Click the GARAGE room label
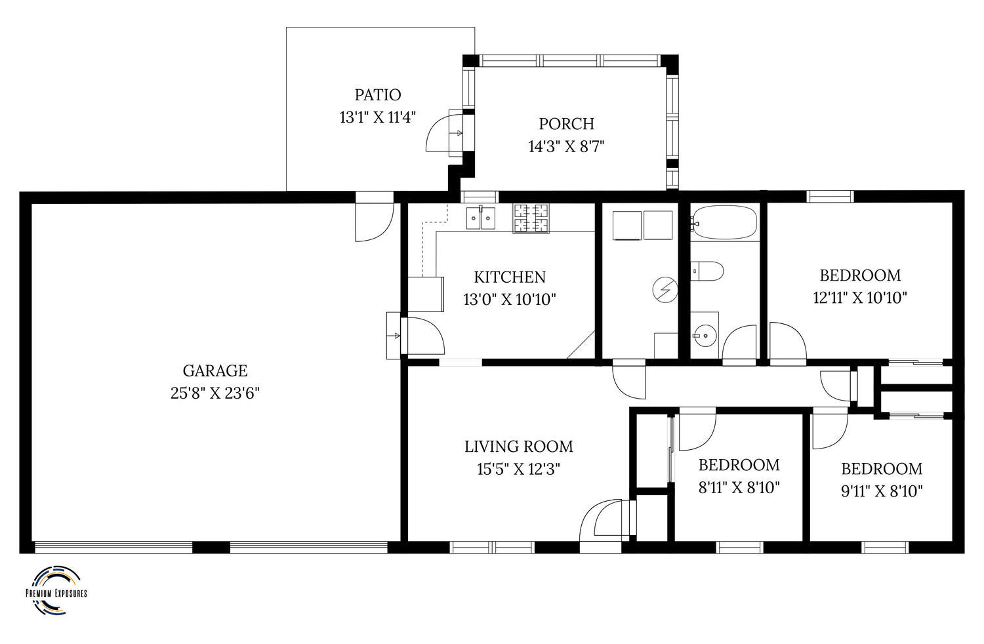215,371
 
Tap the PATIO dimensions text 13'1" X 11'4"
377,117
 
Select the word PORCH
566,124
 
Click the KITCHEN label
510,277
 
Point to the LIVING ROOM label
519,447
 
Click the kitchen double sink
481,218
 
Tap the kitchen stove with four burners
531,218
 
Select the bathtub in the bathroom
724,223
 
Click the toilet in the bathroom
707,271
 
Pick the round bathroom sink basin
705,336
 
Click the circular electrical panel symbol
666,289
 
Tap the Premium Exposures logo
56,590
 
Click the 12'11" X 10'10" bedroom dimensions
859,298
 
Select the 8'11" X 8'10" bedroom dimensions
739,487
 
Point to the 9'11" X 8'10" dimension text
881,491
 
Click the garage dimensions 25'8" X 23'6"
215,393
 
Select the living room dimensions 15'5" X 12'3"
518,469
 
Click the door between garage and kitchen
422,336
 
